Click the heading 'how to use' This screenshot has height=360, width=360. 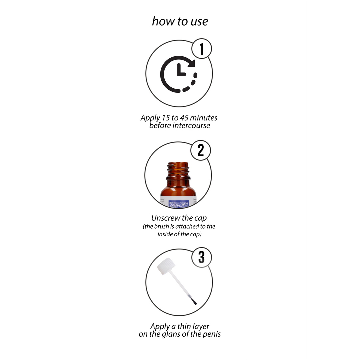(x=180, y=21)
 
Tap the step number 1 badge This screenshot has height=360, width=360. (x=202, y=49)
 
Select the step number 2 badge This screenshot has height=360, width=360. (x=201, y=150)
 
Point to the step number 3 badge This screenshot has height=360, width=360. (x=202, y=257)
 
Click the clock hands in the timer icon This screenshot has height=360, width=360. (x=180, y=70)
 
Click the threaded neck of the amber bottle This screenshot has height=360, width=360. (x=178, y=171)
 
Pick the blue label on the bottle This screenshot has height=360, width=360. (x=178, y=203)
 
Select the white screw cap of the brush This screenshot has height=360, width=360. (x=166, y=266)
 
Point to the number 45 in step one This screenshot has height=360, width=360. (x=184, y=118)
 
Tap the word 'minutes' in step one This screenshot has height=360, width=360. (x=204, y=118)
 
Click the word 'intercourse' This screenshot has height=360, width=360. (x=191, y=126)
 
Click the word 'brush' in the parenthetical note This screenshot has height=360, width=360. (x=161, y=226)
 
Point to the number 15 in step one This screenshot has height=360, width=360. (x=166, y=118)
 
